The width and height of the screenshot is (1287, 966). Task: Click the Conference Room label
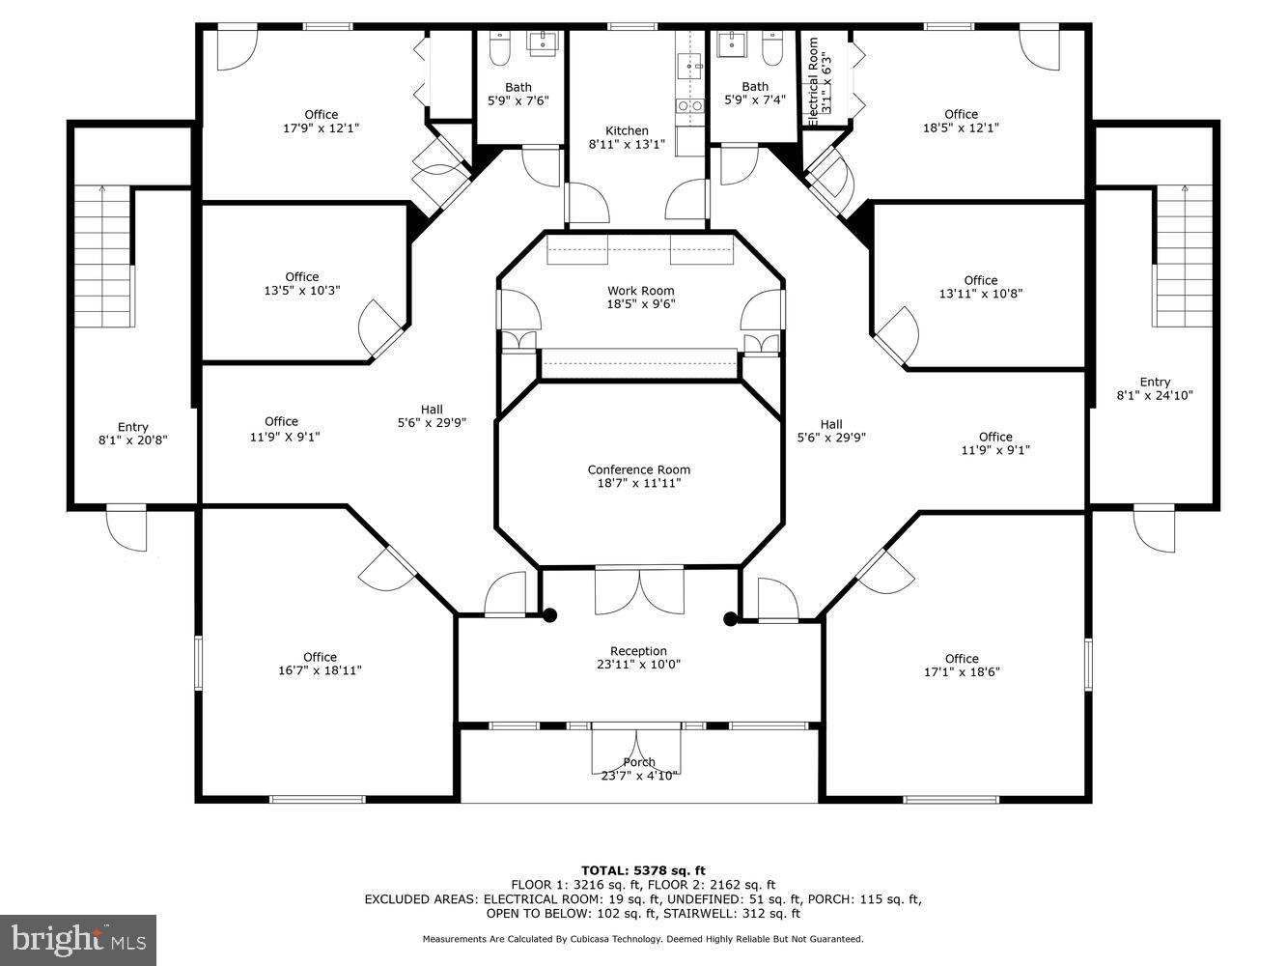[x=638, y=469]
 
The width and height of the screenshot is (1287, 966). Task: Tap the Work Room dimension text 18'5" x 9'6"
[x=640, y=304]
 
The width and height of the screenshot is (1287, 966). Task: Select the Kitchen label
[x=627, y=131]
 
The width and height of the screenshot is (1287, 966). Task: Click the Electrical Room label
[x=813, y=81]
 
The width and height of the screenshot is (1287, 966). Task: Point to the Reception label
[x=638, y=651]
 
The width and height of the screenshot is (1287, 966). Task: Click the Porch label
[x=638, y=762]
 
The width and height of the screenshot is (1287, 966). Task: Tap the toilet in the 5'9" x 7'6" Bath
[x=499, y=47]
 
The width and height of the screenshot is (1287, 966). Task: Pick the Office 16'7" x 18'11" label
[x=320, y=657]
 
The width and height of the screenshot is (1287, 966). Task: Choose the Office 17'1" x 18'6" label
[x=961, y=659]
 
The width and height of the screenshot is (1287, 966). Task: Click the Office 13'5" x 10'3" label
[x=301, y=277]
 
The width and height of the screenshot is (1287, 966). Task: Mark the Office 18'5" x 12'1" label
[x=961, y=114]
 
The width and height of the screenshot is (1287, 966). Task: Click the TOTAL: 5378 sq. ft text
[x=642, y=870]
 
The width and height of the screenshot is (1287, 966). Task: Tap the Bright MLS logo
[x=78, y=939]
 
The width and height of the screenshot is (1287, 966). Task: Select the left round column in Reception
[x=549, y=614]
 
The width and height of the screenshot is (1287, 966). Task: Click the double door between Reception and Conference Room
[x=638, y=589]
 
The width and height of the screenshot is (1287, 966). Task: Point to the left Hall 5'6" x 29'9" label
[x=432, y=409]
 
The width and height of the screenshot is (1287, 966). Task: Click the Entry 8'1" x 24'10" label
[x=1155, y=382]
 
